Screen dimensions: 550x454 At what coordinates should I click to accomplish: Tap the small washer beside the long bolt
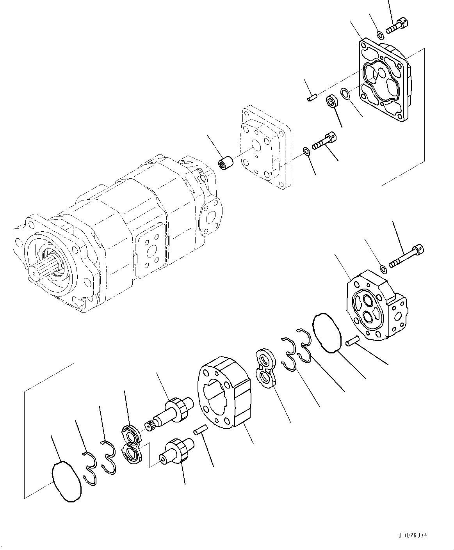(383, 268)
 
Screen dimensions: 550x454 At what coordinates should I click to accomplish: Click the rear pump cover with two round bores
(375, 306)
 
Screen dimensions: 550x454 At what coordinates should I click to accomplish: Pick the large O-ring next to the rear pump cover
(328, 333)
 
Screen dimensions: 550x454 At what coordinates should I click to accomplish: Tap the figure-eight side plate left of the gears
(131, 445)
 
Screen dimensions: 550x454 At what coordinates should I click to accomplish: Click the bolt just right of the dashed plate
(324, 142)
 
